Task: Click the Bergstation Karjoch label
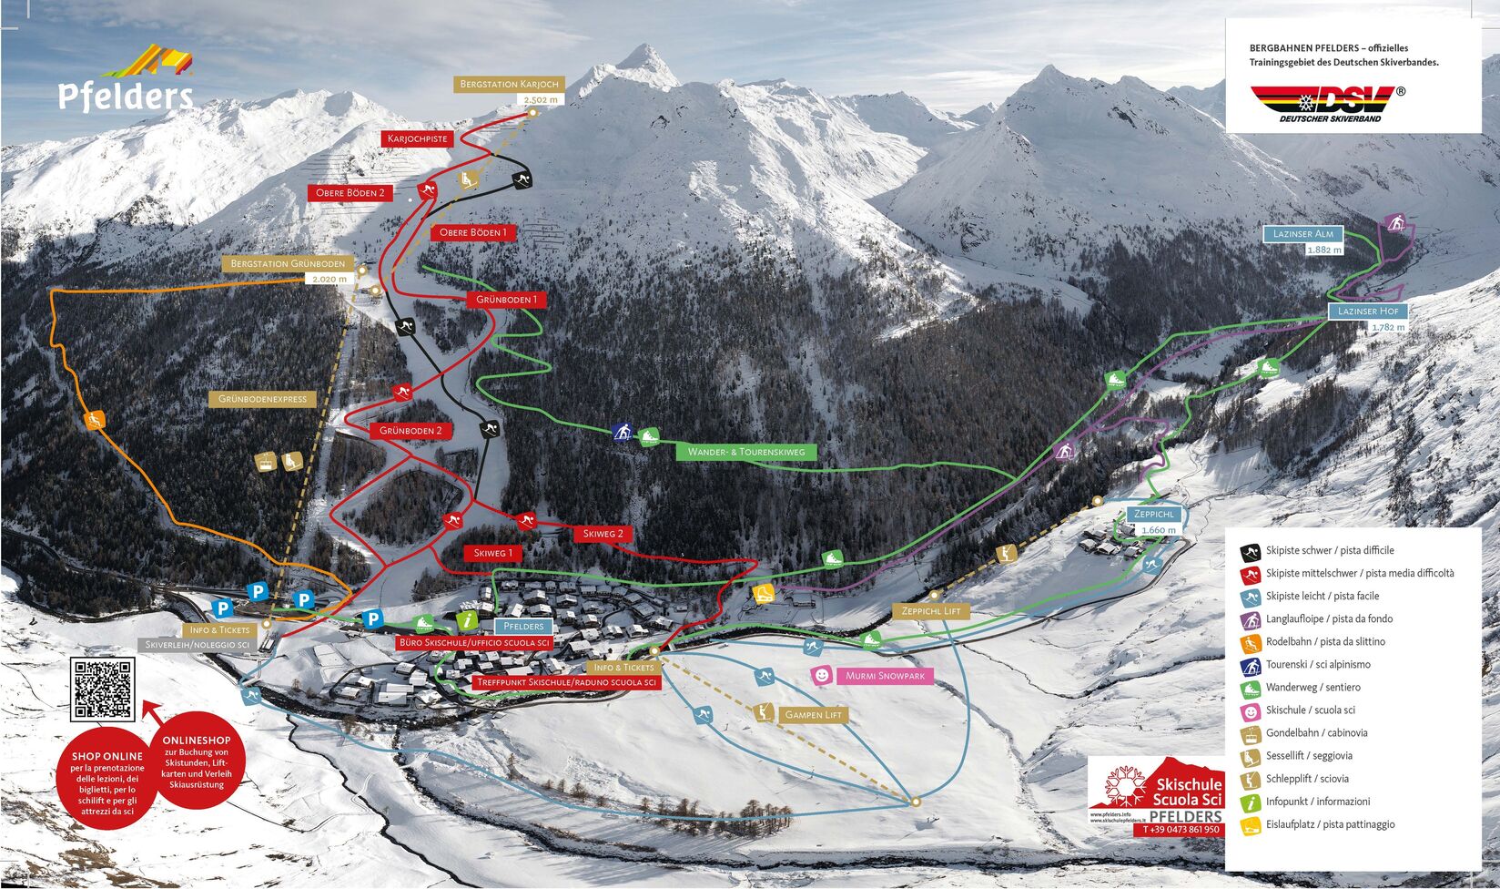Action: coord(509,84)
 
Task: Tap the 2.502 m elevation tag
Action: coord(540,100)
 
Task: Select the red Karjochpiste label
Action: coord(418,138)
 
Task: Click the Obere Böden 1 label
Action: coord(472,232)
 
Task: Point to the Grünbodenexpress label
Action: coord(262,399)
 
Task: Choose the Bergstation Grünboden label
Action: coord(290,263)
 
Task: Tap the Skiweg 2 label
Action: coord(603,534)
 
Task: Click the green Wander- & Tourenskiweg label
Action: coord(746,451)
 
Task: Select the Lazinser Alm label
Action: coord(1302,234)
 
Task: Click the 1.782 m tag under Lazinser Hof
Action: coord(1388,327)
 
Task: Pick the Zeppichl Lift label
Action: coord(931,610)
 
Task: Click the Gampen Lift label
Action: coord(813,715)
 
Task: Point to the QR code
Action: coord(104,690)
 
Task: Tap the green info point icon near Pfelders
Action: coord(467,620)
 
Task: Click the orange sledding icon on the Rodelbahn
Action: coord(94,420)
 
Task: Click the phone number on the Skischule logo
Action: coord(1181,830)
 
